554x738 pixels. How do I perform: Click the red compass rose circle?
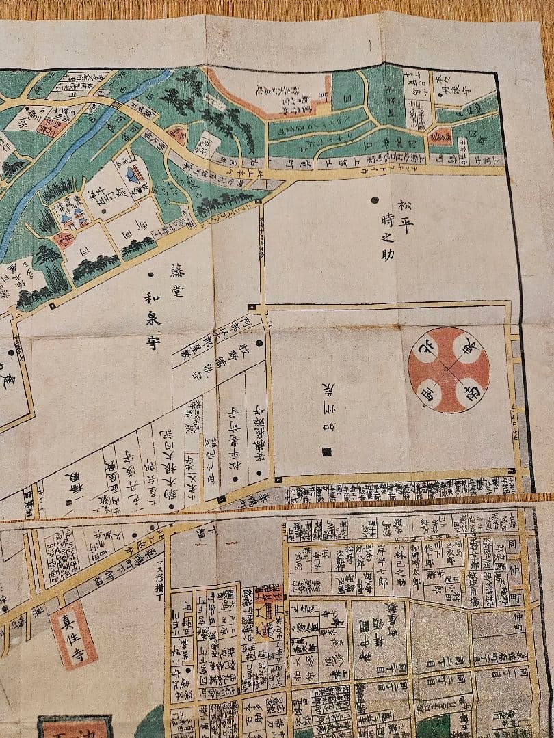(x=449, y=370)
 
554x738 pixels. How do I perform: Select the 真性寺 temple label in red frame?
(x=73, y=635)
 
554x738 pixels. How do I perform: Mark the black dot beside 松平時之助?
(x=374, y=200)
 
